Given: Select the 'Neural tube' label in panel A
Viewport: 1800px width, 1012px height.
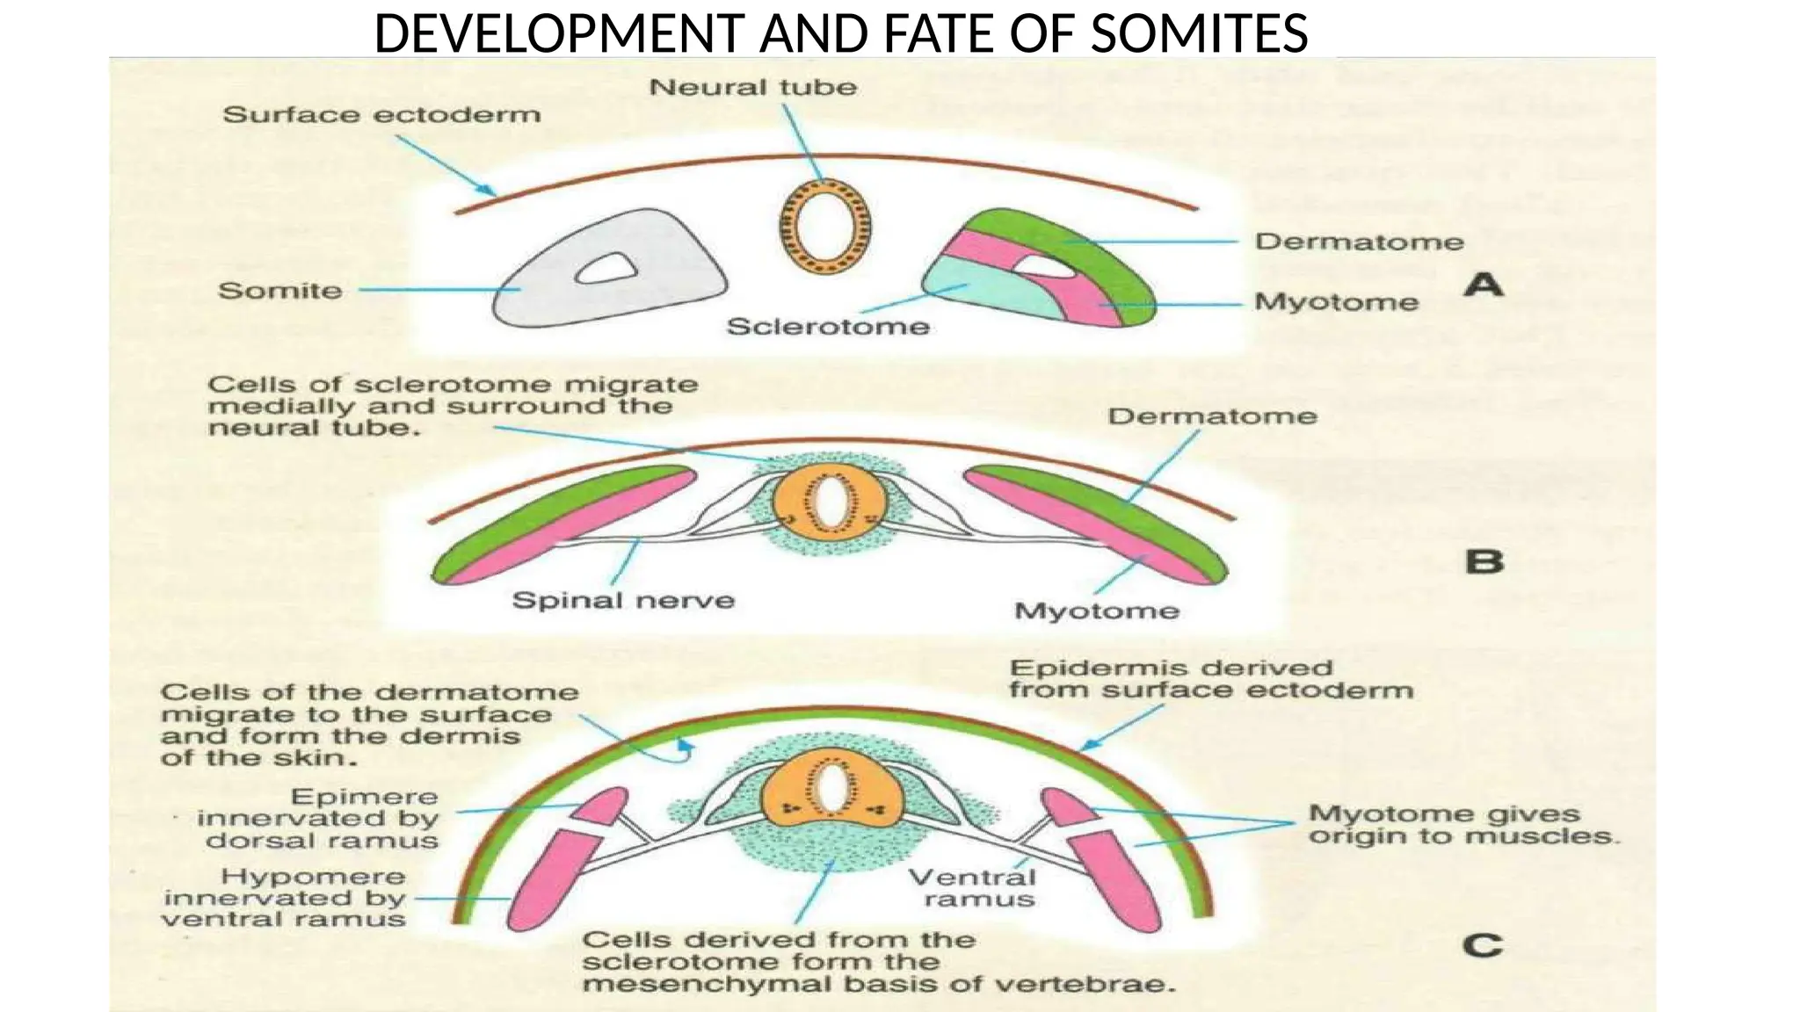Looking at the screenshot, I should (x=752, y=88).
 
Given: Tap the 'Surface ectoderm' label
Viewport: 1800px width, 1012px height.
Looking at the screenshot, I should (x=381, y=115).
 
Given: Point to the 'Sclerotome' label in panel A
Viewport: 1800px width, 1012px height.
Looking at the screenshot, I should (x=828, y=327).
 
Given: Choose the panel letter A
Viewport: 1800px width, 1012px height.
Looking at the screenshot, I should (x=1484, y=286).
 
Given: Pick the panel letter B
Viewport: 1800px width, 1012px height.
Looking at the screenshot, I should (x=1484, y=561).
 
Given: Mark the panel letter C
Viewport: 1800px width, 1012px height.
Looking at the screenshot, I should (x=1483, y=946).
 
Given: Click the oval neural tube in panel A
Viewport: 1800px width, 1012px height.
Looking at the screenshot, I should (x=825, y=223).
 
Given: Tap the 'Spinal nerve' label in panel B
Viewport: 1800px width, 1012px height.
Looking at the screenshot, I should (x=623, y=601).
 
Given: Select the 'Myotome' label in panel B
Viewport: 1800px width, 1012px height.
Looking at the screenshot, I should (x=1096, y=611).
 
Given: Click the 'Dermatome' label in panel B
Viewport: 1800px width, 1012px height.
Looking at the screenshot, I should (x=1212, y=416).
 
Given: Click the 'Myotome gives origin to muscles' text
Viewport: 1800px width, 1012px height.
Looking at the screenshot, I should (x=1462, y=825).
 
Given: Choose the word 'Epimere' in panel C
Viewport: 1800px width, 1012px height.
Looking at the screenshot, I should (x=364, y=798).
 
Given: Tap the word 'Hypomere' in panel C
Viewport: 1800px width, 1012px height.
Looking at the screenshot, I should (x=313, y=877).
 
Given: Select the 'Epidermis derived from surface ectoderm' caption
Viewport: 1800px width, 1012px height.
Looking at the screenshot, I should (x=1210, y=679).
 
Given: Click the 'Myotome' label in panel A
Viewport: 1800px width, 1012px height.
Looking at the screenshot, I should (x=1336, y=302).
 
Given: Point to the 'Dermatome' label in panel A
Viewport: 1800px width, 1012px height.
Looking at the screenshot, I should (x=1359, y=242).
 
